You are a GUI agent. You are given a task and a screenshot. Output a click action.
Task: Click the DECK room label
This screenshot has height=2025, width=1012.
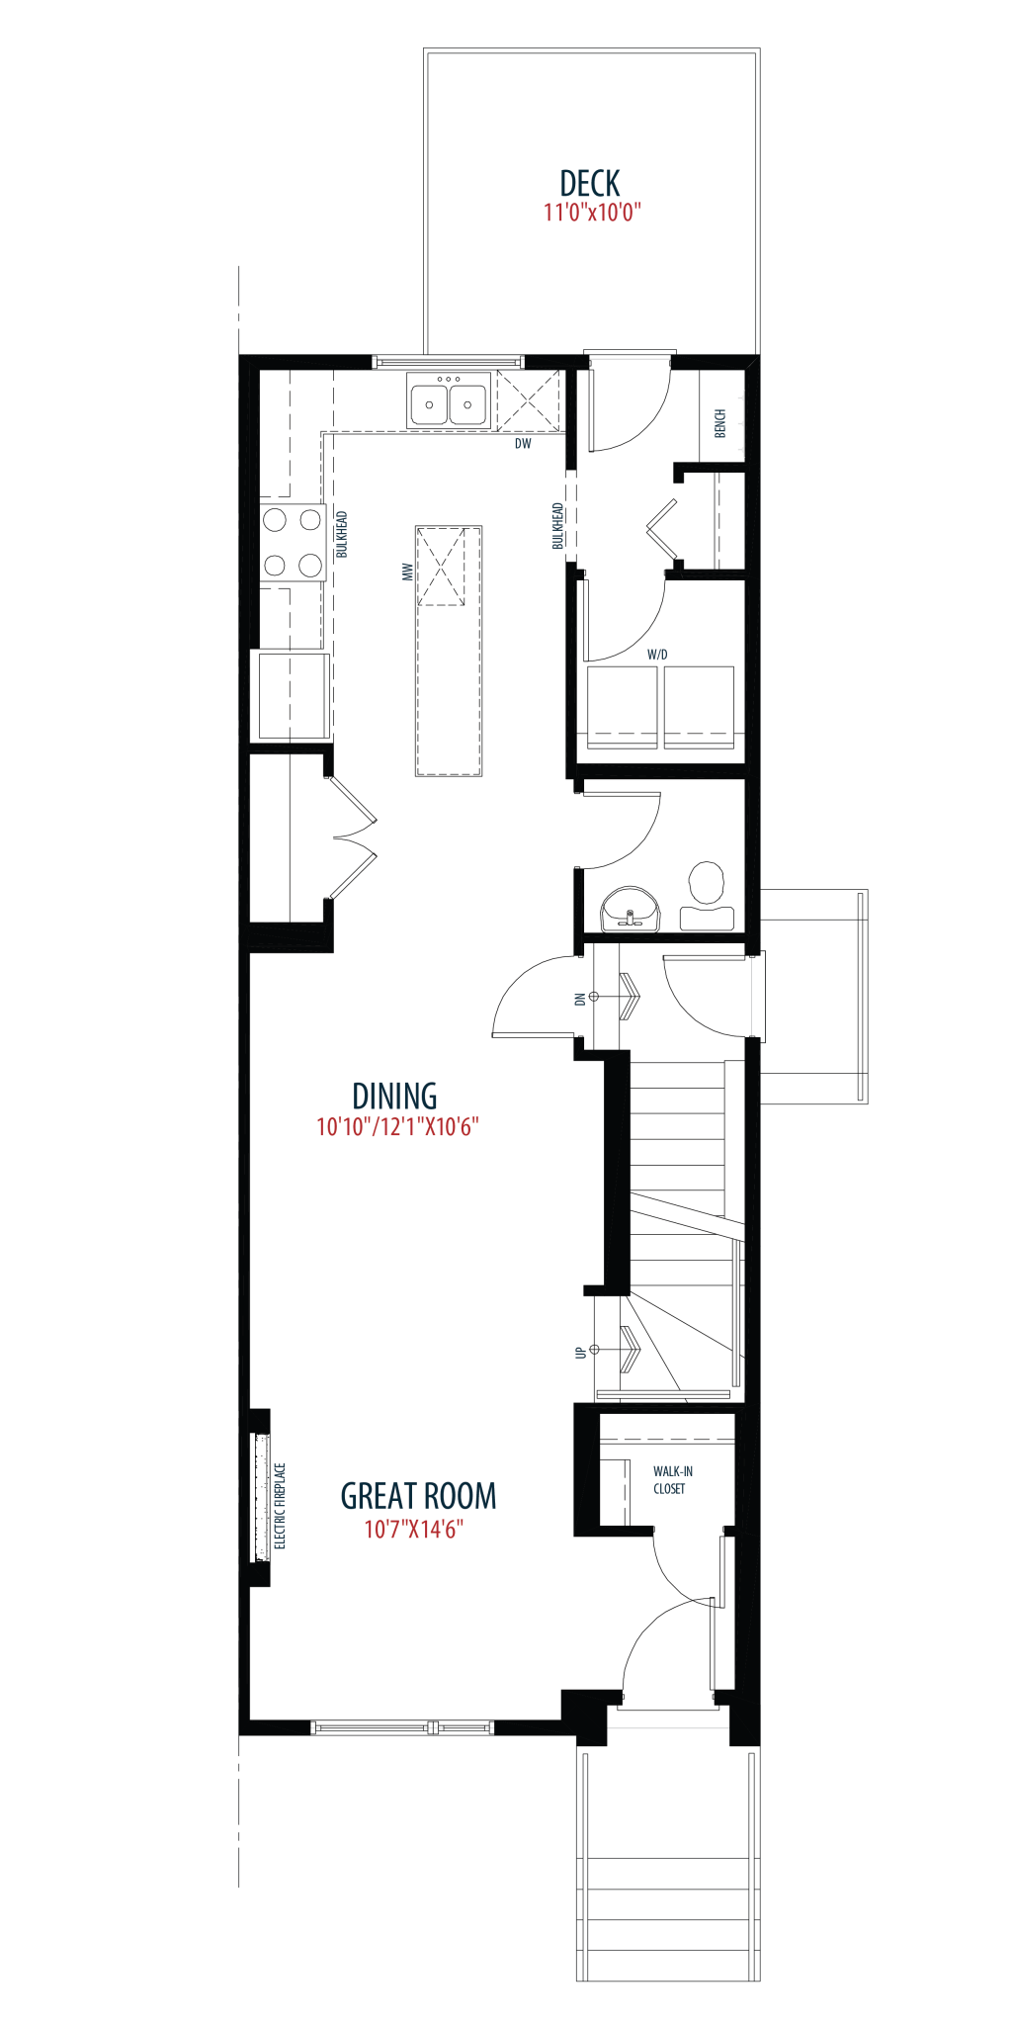(590, 183)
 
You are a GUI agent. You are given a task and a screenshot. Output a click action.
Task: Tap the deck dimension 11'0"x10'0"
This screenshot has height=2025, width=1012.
(592, 212)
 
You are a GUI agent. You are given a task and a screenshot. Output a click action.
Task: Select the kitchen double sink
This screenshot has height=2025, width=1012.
(449, 400)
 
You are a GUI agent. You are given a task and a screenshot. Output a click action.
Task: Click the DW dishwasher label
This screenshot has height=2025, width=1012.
(523, 444)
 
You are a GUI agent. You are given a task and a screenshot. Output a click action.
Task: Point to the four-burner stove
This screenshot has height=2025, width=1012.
(293, 542)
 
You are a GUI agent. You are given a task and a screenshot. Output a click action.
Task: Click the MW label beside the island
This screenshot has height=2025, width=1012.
(407, 572)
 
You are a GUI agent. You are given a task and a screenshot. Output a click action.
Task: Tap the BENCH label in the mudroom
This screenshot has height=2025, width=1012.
(720, 423)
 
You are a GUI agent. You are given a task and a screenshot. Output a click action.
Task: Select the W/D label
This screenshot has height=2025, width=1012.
(657, 655)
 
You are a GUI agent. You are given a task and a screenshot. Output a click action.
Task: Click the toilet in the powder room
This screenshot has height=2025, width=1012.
(707, 896)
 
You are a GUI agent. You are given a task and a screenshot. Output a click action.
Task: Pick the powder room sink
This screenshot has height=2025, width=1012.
(630, 910)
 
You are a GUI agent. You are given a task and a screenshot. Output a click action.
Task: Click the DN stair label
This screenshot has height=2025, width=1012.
(580, 999)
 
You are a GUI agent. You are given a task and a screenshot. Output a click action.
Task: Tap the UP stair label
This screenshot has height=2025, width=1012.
(580, 1352)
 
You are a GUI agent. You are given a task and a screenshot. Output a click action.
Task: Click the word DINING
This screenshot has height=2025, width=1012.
(395, 1097)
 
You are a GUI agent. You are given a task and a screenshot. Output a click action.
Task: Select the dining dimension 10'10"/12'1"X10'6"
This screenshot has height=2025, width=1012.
(397, 1127)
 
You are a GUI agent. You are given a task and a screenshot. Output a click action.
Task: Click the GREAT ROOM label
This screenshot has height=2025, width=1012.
(418, 1496)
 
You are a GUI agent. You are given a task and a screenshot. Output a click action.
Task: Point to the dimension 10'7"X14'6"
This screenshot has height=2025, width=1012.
(414, 1529)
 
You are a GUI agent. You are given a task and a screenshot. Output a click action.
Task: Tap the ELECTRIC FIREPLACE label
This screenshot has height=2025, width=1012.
(280, 1506)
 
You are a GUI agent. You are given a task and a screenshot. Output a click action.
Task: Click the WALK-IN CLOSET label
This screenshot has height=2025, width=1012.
(672, 1480)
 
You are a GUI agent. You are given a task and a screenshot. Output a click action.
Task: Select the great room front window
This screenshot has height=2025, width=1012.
(402, 1727)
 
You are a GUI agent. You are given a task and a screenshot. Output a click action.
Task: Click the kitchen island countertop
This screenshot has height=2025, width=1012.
(449, 651)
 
